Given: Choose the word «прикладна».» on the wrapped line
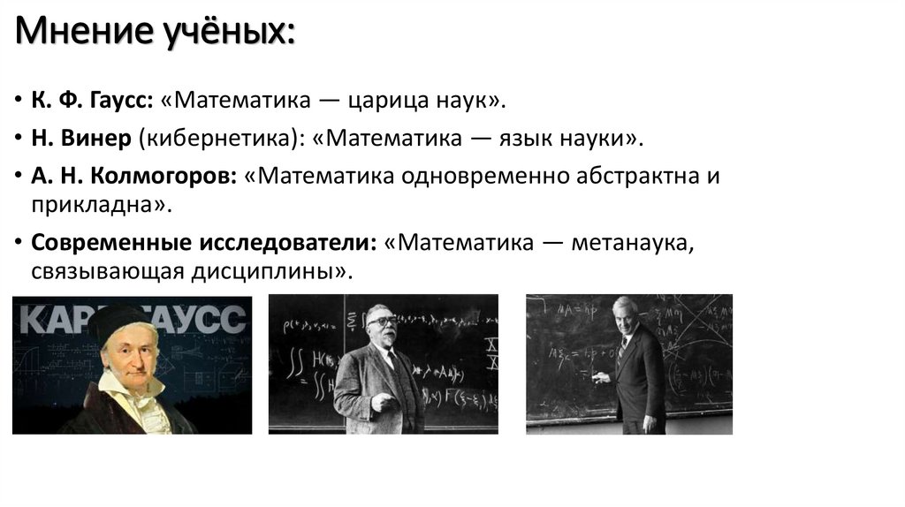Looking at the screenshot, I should click(x=96, y=205).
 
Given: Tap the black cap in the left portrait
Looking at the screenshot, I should click(x=119, y=321).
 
